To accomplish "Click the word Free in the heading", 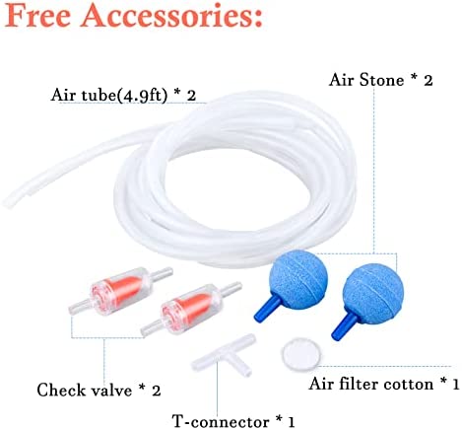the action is pyautogui.click(x=38, y=16).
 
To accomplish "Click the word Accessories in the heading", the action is pyautogui.click(x=171, y=16).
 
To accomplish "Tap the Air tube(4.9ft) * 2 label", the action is pyautogui.click(x=123, y=96).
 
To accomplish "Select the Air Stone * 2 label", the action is pyautogui.click(x=380, y=80).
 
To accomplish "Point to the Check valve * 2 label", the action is pyautogui.click(x=99, y=391).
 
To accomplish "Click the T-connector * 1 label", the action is pyautogui.click(x=233, y=421).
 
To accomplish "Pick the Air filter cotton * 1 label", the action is pyautogui.click(x=384, y=384).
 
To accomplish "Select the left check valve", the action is pyautogui.click(x=120, y=289).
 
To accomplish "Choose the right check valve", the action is pyautogui.click(x=191, y=309).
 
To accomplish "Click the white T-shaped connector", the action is pyautogui.click(x=225, y=356).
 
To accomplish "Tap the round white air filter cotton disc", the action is pyautogui.click(x=300, y=354).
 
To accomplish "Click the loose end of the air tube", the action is pyautogui.click(x=8, y=202).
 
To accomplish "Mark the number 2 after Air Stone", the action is pyautogui.click(x=428, y=80).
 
